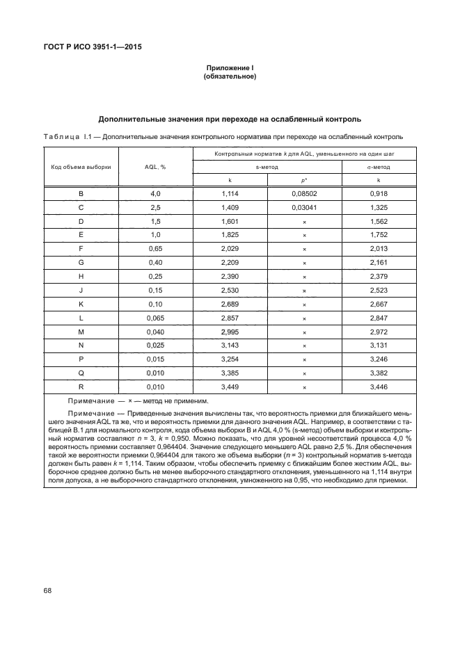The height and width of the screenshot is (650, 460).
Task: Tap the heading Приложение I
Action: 230,68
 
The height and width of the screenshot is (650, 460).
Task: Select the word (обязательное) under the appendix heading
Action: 230,76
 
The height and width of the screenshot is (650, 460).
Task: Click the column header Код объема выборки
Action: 81,167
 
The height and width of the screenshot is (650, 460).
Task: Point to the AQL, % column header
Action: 154,167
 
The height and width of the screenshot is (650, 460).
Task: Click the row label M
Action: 81,332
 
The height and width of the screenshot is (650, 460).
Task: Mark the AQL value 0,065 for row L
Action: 154,318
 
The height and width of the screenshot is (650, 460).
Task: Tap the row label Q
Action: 81,373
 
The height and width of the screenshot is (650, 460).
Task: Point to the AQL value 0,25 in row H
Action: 154,276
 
